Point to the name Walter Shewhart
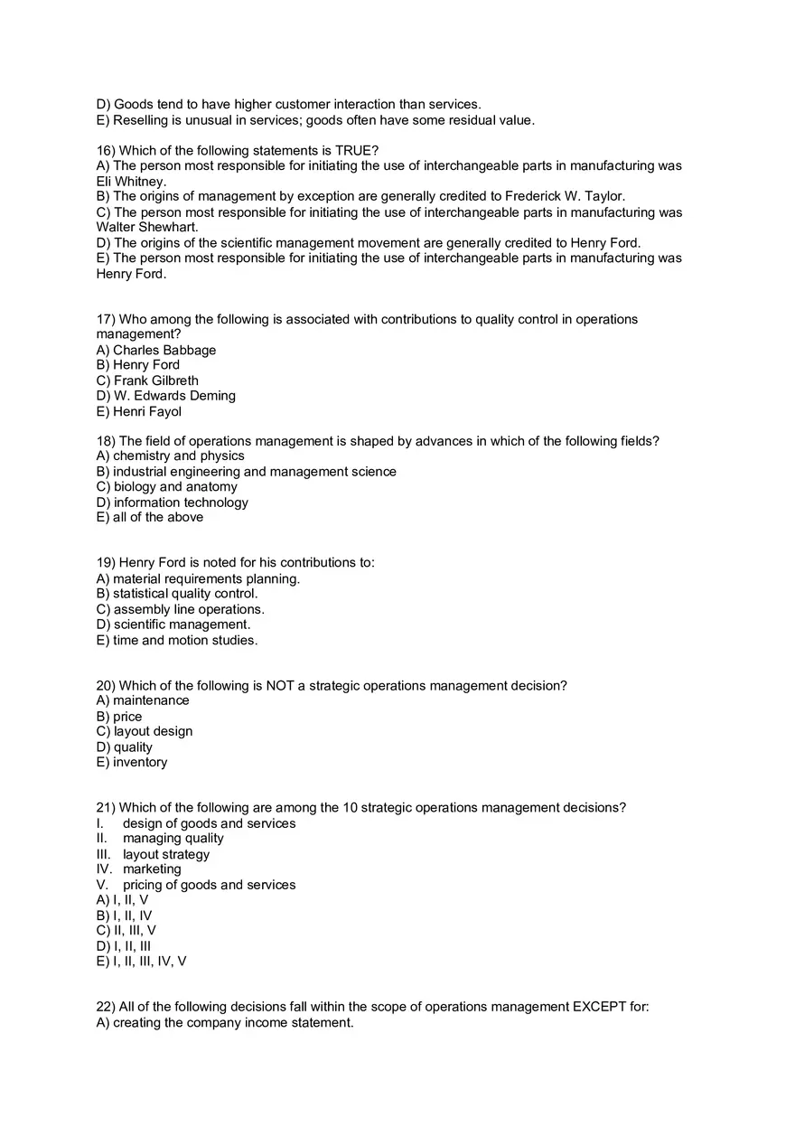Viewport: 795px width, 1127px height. click(x=146, y=227)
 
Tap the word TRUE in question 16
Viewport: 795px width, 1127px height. click(x=354, y=150)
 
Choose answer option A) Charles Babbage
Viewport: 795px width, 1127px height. click(x=156, y=350)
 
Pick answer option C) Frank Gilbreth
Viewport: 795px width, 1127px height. click(x=147, y=380)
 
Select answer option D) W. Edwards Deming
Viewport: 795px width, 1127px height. click(x=166, y=396)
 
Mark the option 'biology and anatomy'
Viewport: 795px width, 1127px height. click(x=175, y=487)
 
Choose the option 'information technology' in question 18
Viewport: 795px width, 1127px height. click(x=181, y=502)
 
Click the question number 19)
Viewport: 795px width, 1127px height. click(x=106, y=562)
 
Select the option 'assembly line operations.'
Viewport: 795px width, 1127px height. click(x=189, y=609)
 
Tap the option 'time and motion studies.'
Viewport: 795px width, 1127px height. click(x=185, y=640)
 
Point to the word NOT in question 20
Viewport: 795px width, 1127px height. click(x=280, y=686)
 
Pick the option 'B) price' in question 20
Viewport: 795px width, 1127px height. click(x=119, y=717)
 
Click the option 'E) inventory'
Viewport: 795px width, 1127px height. click(x=132, y=762)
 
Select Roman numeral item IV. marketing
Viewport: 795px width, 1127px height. click(x=139, y=869)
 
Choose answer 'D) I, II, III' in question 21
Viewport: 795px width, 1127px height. click(x=124, y=946)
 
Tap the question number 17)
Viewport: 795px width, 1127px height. click(x=106, y=319)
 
